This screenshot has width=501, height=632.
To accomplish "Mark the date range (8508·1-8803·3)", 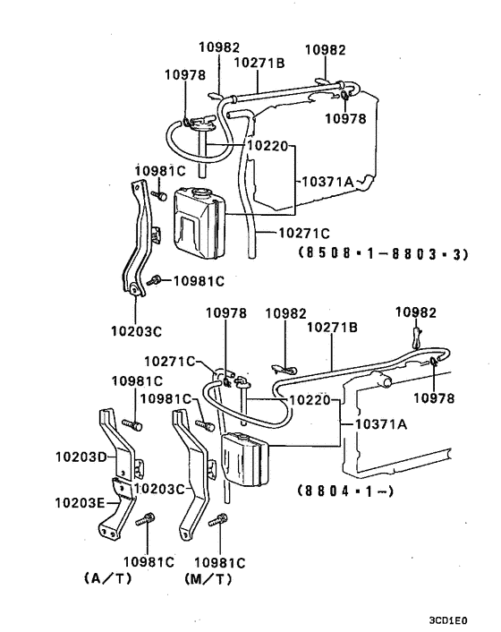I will (385, 254).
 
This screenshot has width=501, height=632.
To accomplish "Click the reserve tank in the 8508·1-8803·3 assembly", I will (199, 219).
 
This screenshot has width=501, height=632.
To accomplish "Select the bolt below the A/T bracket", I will (147, 519).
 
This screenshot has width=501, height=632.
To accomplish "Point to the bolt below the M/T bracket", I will (217, 519).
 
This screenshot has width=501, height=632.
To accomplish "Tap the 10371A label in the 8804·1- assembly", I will (381, 423).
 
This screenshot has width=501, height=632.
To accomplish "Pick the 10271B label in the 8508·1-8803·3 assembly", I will (259, 63).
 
